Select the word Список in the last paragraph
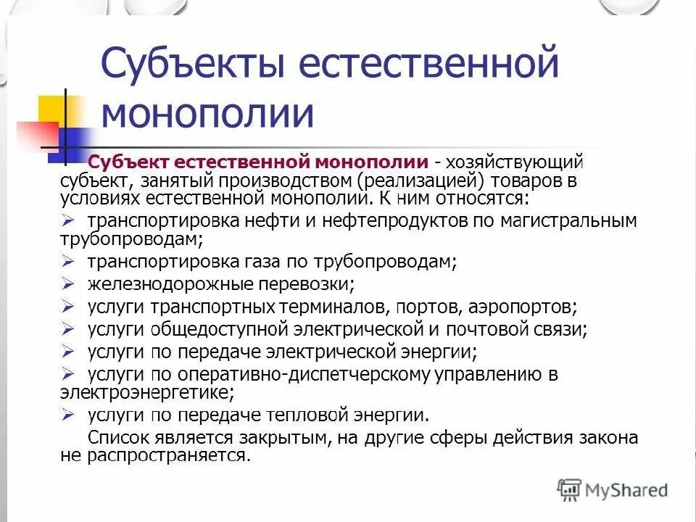[x=120, y=438]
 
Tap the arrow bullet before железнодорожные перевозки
[x=69, y=283]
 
